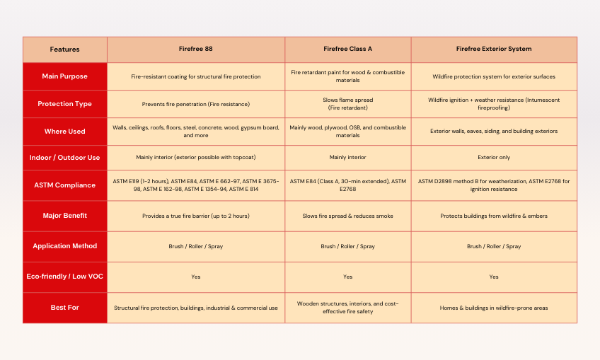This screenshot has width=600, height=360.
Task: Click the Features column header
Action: (65, 50)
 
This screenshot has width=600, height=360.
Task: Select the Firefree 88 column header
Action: (196, 50)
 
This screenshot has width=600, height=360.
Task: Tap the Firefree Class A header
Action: (347, 50)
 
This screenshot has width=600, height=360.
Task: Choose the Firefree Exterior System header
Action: (494, 50)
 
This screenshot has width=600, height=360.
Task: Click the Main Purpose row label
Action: (65, 76)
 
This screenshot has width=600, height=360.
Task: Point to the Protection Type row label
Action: (65, 104)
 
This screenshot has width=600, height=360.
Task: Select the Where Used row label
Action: (65, 131)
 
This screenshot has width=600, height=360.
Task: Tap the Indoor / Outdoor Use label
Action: (65, 157)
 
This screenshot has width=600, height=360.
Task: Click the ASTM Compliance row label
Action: (65, 185)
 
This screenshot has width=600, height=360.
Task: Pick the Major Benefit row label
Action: (65, 215)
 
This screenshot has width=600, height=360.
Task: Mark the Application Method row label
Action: (65, 246)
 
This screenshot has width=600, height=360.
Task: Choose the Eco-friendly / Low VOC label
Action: (65, 277)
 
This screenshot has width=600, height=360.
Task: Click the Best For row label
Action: (65, 308)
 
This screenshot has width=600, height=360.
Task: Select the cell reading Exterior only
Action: (494, 157)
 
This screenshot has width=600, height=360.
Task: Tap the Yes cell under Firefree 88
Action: (196, 277)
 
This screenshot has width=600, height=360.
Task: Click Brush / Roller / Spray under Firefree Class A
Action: (347, 246)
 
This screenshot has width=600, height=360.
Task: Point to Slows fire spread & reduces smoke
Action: (347, 216)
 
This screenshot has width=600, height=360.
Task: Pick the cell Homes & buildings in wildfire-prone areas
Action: (494, 308)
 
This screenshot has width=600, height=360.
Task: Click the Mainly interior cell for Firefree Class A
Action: (347, 157)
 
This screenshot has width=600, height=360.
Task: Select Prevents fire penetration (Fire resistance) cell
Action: (196, 104)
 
